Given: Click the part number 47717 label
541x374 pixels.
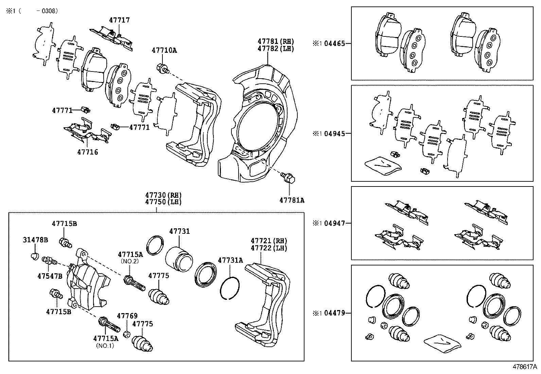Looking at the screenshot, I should [x=119, y=20].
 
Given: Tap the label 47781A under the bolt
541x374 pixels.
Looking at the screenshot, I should [x=292, y=200].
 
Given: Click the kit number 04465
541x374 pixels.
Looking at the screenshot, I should [x=334, y=44].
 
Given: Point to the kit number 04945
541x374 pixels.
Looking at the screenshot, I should [x=334, y=133].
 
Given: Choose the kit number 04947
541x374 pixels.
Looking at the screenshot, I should [x=334, y=223].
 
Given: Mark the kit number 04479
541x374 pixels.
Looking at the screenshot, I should [x=334, y=313].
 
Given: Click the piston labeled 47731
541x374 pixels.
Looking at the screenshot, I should [x=179, y=259].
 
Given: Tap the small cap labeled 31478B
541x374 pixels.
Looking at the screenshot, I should [x=34, y=256].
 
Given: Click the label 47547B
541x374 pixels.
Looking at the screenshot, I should [x=50, y=276].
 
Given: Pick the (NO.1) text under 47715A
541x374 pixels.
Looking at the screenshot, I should [x=105, y=345].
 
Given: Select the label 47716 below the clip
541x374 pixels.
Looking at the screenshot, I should [x=87, y=152].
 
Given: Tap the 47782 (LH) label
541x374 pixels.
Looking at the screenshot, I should [x=275, y=49].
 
